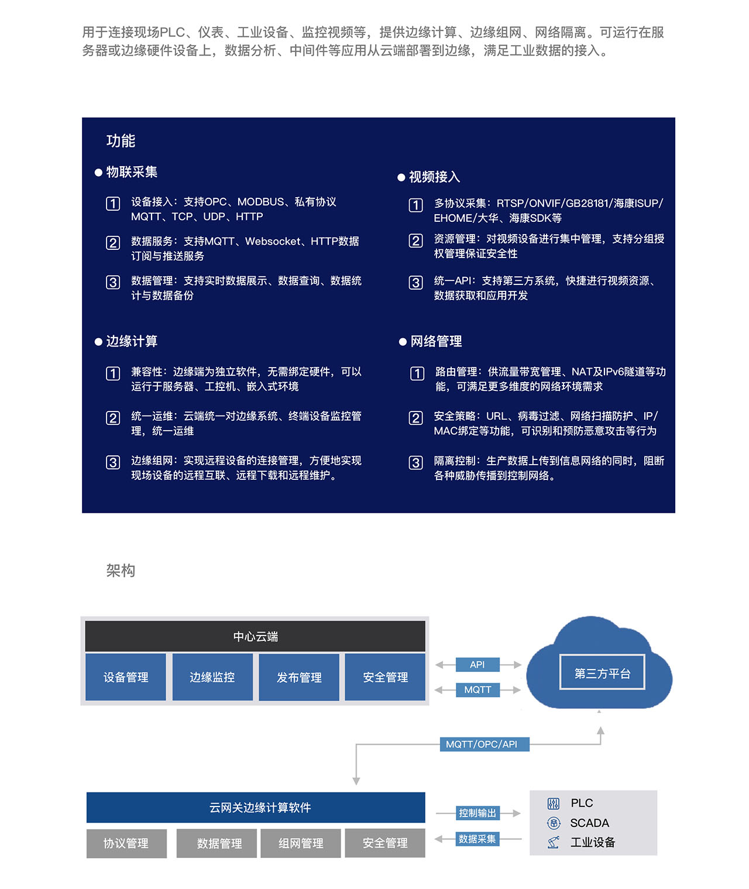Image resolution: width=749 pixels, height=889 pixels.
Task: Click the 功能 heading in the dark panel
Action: pos(121,141)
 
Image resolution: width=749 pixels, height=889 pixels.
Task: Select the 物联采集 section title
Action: pos(132,172)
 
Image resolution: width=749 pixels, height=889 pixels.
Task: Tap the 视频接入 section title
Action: pos(434,177)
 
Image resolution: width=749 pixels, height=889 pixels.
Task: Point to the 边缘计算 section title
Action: pos(132,341)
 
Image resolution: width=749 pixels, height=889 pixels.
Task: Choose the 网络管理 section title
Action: pos(436,341)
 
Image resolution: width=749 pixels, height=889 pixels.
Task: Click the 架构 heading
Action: pos(121,571)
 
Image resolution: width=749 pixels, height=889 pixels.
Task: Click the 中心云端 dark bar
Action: pos(255,636)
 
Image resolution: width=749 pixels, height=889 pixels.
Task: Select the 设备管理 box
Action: pos(126,677)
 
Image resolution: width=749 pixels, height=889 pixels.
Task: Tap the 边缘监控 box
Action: pos(212,677)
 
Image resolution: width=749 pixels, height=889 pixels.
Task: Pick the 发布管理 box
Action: pos(299,677)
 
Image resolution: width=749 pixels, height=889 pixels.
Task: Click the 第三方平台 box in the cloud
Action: pos(602,673)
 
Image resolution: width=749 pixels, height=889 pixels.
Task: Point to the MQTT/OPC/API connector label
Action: pos(485,744)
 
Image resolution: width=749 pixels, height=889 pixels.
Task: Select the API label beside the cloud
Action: pos(477,664)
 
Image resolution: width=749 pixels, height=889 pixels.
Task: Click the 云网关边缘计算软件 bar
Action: pos(256,807)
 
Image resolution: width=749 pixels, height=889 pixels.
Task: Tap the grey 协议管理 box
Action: pos(126,843)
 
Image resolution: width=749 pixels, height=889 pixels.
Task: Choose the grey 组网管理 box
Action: pos(301,843)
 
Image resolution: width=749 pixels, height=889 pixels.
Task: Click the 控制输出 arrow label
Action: pos(477,814)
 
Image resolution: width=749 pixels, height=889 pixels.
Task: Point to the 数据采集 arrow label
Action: pos(477,839)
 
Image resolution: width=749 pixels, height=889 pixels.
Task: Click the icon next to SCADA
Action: pos(554,823)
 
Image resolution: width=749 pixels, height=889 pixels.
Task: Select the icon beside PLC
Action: pos(553,804)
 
